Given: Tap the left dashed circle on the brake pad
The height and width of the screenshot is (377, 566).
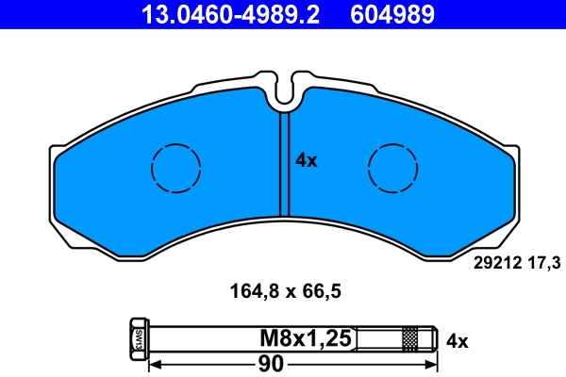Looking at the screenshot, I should [175, 169].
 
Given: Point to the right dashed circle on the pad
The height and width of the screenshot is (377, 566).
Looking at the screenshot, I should [392, 169].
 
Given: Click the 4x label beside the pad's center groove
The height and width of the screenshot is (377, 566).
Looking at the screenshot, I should [307, 161].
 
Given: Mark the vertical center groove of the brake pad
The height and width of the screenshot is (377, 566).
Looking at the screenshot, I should [284, 165].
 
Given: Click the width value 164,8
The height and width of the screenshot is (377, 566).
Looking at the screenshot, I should [252, 291].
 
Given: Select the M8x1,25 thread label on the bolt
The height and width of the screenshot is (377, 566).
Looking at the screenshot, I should [306, 337].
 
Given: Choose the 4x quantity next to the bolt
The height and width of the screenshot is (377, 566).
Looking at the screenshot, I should [457, 338].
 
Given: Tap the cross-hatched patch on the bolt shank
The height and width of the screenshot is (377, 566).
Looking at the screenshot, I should [410, 336].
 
